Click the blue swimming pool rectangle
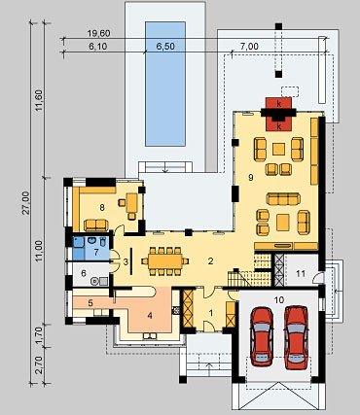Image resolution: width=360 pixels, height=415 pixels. tap(165, 84)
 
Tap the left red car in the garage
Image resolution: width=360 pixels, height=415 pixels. tap(262, 336)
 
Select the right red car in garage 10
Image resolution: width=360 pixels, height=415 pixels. tap(297, 337)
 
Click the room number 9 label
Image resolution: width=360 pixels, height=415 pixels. tap(250, 177)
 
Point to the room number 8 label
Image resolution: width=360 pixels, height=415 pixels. tap(102, 208)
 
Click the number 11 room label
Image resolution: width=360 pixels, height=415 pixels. tap(301, 274)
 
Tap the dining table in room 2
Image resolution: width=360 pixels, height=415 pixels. tap(165, 261)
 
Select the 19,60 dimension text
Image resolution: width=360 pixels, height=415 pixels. tap(99, 33)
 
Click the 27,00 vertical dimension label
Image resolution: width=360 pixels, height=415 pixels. tap(25, 202)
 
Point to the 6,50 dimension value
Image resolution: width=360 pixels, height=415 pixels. tap(165, 47)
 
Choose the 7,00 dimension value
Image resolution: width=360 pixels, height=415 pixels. tap(249, 47)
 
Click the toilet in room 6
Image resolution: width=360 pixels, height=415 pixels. tap(95, 281)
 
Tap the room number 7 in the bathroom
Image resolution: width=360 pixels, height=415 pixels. tap(96, 253)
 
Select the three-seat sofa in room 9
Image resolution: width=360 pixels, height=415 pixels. tap(283, 199)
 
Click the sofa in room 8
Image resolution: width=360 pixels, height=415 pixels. tap(96, 225)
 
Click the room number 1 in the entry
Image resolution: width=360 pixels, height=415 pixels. tap(211, 313)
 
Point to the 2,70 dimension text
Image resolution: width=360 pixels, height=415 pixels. tap(38, 365)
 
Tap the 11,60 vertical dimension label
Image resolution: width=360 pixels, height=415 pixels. tap(39, 100)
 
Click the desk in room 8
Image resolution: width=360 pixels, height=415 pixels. tap(132, 202)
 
